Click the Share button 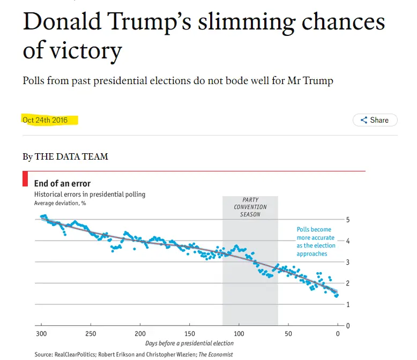pyautogui.click(x=375, y=120)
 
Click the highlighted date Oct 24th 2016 pyautogui.click(x=45, y=120)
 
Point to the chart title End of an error pyautogui.click(x=62, y=184)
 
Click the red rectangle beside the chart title pyautogui.click(x=25, y=179)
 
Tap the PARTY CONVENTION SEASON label pyautogui.click(x=250, y=207)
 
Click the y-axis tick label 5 pyautogui.click(x=348, y=220)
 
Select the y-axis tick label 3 pyautogui.click(x=348, y=262)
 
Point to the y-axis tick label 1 pyautogui.click(x=348, y=304)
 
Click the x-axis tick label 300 pyautogui.click(x=41, y=334)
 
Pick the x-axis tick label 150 pyautogui.click(x=189, y=334)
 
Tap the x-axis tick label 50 pyautogui.click(x=288, y=334)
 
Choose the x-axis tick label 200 pyautogui.click(x=140, y=334)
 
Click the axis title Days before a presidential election pyautogui.click(x=189, y=343)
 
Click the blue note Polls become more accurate pyautogui.click(x=316, y=242)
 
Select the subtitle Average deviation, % pyautogui.click(x=60, y=203)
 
